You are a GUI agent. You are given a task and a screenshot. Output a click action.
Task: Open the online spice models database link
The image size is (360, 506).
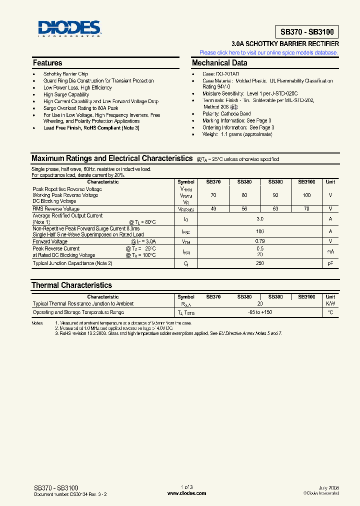[268, 52]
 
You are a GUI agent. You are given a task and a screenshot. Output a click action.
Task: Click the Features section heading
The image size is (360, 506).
[47, 63]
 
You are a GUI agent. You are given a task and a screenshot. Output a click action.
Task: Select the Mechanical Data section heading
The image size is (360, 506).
[219, 63]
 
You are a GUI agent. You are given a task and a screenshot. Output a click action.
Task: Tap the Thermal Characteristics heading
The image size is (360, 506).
[71, 285]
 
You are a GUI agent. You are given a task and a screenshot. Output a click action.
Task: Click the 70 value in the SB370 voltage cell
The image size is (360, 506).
[213, 195]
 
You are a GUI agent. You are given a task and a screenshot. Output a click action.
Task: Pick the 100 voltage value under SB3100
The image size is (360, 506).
[306, 195]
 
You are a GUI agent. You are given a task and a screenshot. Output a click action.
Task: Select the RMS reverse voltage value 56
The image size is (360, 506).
[244, 208]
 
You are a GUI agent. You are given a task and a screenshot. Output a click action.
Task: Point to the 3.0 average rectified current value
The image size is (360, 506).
[260, 219]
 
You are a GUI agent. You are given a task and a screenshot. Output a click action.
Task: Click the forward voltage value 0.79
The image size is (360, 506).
[260, 241]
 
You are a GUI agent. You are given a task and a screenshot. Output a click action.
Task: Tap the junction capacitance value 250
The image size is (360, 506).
[260, 263]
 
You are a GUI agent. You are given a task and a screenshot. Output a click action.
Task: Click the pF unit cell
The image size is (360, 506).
[330, 263]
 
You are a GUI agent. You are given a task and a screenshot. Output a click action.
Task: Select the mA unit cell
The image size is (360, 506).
[330, 251]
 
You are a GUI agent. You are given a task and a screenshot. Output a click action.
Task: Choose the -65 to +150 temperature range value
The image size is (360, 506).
[260, 312]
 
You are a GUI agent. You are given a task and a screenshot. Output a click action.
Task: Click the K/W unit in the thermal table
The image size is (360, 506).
[330, 303]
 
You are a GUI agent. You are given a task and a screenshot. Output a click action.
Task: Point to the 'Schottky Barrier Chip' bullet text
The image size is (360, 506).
[65, 74]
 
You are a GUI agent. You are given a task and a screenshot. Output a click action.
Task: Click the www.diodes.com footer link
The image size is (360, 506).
[186, 493]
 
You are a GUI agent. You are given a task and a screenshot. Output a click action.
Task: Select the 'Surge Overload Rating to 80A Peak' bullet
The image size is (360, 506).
[80, 108]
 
